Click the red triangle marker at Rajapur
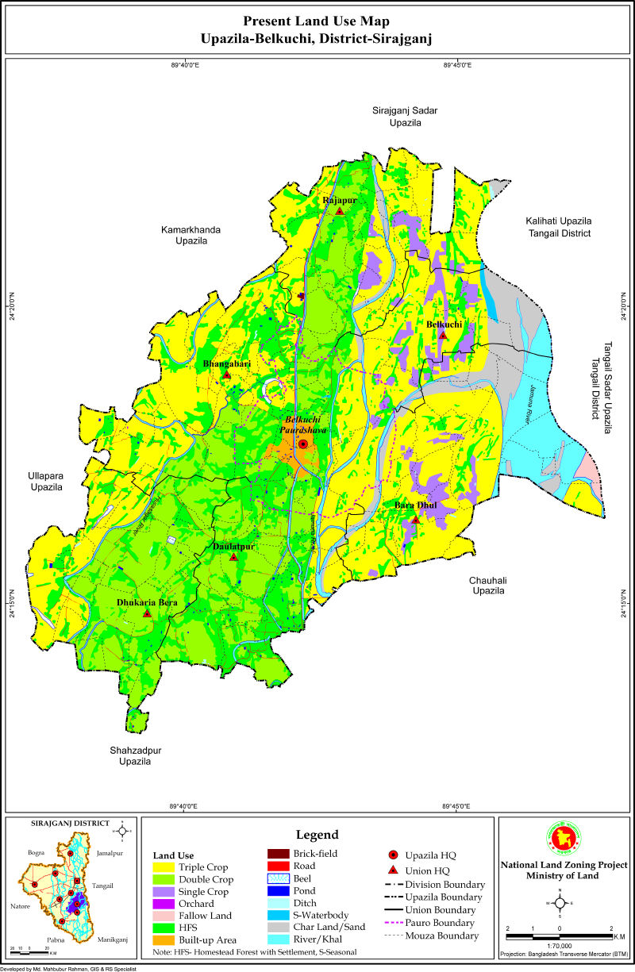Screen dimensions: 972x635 (x=339, y=211)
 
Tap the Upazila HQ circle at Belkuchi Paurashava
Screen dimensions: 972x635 (x=302, y=444)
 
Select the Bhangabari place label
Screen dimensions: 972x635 (x=227, y=363)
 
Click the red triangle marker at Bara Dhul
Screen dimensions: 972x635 (x=415, y=520)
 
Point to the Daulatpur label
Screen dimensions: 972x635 (x=233, y=547)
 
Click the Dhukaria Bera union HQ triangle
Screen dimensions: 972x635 (x=147, y=613)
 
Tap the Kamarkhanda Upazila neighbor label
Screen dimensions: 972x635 (x=191, y=235)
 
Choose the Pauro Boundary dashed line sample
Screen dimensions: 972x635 (x=393, y=923)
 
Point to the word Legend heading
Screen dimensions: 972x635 (x=317, y=835)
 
